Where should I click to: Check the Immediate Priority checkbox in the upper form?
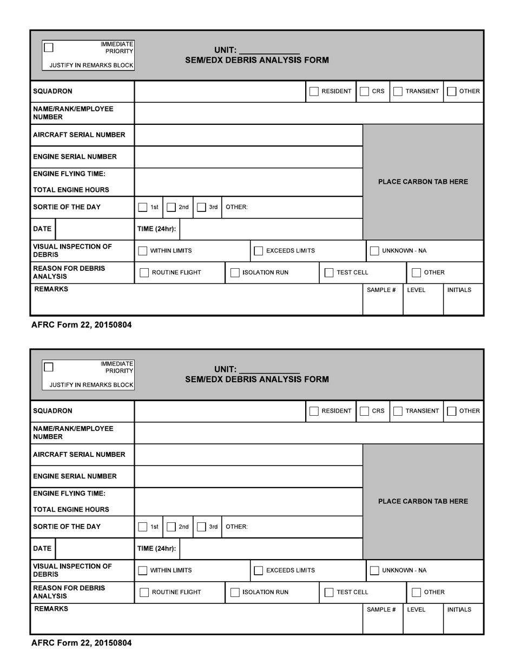49,47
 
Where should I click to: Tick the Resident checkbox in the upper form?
314,91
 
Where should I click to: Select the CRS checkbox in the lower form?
365,411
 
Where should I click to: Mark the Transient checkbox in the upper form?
398,91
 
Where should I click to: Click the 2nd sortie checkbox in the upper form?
172,207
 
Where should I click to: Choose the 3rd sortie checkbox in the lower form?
201,527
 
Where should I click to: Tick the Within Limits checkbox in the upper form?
143,251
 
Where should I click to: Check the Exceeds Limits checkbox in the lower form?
259,570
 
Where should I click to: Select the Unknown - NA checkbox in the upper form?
374,251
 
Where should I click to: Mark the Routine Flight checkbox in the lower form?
144,592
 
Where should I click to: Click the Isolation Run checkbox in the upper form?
235,272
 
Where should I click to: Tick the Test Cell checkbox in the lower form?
329,592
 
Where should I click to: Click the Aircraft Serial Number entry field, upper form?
248,135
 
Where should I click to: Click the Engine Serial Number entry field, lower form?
248,476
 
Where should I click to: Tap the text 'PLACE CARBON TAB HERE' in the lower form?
423,501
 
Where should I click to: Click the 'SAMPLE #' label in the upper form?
381,290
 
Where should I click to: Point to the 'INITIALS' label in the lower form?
459,610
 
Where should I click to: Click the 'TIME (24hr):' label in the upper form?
157,229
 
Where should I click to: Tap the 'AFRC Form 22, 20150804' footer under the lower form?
81,643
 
